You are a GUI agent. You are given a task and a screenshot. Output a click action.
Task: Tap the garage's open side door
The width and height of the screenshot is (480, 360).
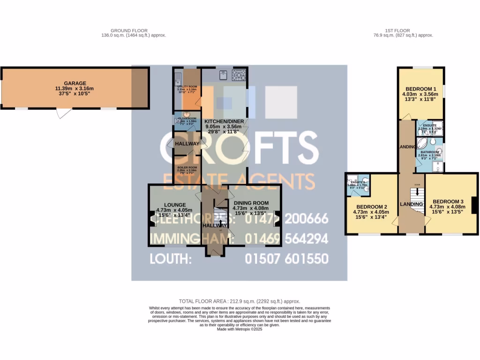63,113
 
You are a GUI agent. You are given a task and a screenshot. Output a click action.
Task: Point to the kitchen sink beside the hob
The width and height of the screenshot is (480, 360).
224,74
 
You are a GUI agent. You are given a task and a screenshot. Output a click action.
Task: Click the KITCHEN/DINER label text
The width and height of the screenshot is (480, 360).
224,121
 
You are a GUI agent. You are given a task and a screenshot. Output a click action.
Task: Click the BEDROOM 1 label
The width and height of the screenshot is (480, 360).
421,89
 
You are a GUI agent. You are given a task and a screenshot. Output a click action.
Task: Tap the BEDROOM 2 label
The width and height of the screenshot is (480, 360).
372,207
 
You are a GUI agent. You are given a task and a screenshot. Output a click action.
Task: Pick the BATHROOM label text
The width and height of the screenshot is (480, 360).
428,152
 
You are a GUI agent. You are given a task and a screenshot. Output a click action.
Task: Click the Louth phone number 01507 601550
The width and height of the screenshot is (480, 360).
286,259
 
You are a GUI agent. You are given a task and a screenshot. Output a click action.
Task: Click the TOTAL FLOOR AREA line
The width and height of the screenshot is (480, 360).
240,301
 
